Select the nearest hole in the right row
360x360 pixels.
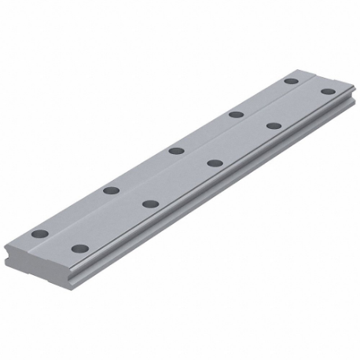tap(78, 248)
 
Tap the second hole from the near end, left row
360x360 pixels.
tap(111, 189)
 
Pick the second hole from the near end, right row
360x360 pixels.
tap(149, 204)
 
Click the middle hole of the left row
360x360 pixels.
tap(176, 150)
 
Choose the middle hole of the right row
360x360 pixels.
tap(214, 163)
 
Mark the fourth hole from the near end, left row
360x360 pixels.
tap(235, 115)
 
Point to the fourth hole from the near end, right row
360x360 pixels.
tap(274, 126)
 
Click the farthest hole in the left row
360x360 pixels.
tap(291, 81)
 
